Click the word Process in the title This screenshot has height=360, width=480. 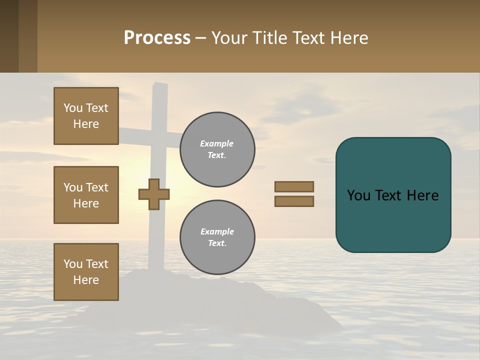(157, 38)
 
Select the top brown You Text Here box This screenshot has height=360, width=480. (86, 116)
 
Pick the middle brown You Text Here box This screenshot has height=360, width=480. (86, 195)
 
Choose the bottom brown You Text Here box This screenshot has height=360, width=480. (86, 272)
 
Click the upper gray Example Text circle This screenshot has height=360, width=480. (217, 149)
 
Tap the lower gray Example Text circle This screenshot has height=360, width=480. (217, 237)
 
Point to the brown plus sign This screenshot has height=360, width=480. (154, 194)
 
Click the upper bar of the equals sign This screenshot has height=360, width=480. (294, 186)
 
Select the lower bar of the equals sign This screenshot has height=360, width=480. (294, 201)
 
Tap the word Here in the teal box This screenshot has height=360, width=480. (422, 195)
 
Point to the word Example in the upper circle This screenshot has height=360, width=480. (216, 143)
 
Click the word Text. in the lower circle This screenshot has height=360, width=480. (217, 243)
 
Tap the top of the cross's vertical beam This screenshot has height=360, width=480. (160, 90)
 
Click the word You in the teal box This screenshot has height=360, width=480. (358, 195)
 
